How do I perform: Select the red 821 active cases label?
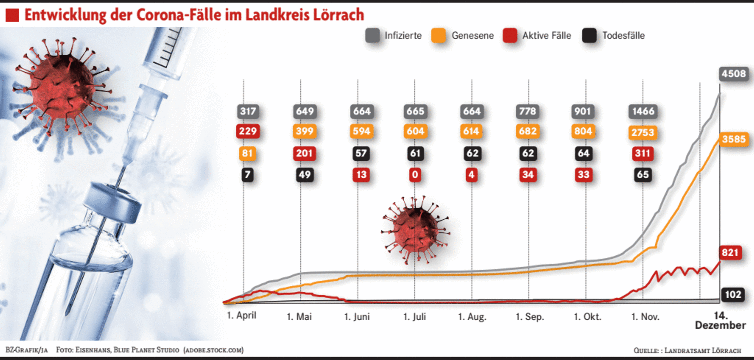coord(730,253)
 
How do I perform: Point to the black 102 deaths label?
coord(733,294)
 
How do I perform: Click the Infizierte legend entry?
coord(395,36)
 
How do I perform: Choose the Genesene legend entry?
coord(463,36)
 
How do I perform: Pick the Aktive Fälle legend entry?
coord(537,36)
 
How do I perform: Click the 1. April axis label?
coord(241,315)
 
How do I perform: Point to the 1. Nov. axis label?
coord(645,317)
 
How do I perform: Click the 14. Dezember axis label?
coord(720,321)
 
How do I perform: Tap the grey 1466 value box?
coord(643,111)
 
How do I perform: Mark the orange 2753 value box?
coord(643,132)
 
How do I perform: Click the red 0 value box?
coord(415,175)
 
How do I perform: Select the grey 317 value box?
coord(248,111)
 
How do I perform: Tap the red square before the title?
coord(12,16)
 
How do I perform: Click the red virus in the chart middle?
coord(415,230)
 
